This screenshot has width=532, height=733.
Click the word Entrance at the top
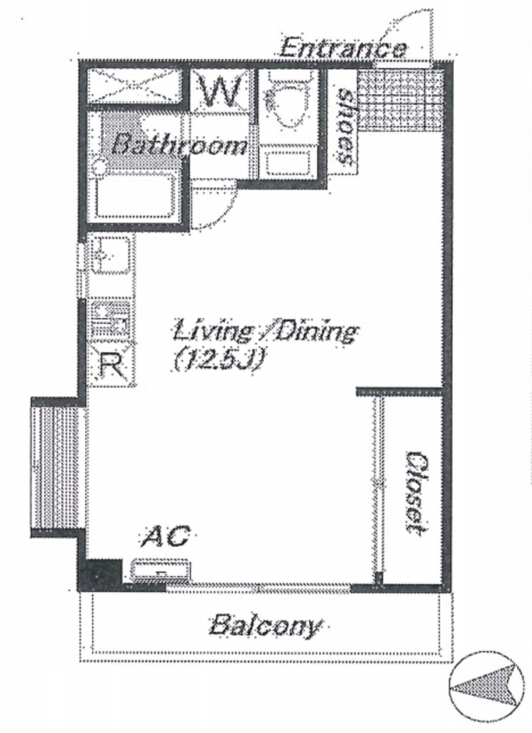coord(342,48)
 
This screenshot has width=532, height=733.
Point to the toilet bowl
coord(286,108)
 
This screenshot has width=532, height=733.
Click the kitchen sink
coord(111,256)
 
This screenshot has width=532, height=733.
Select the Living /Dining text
coord(265,332)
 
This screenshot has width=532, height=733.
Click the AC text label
coord(166,537)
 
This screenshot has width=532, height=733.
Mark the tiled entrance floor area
coord(400,100)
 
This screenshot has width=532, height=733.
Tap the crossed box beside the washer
coord(135,86)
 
